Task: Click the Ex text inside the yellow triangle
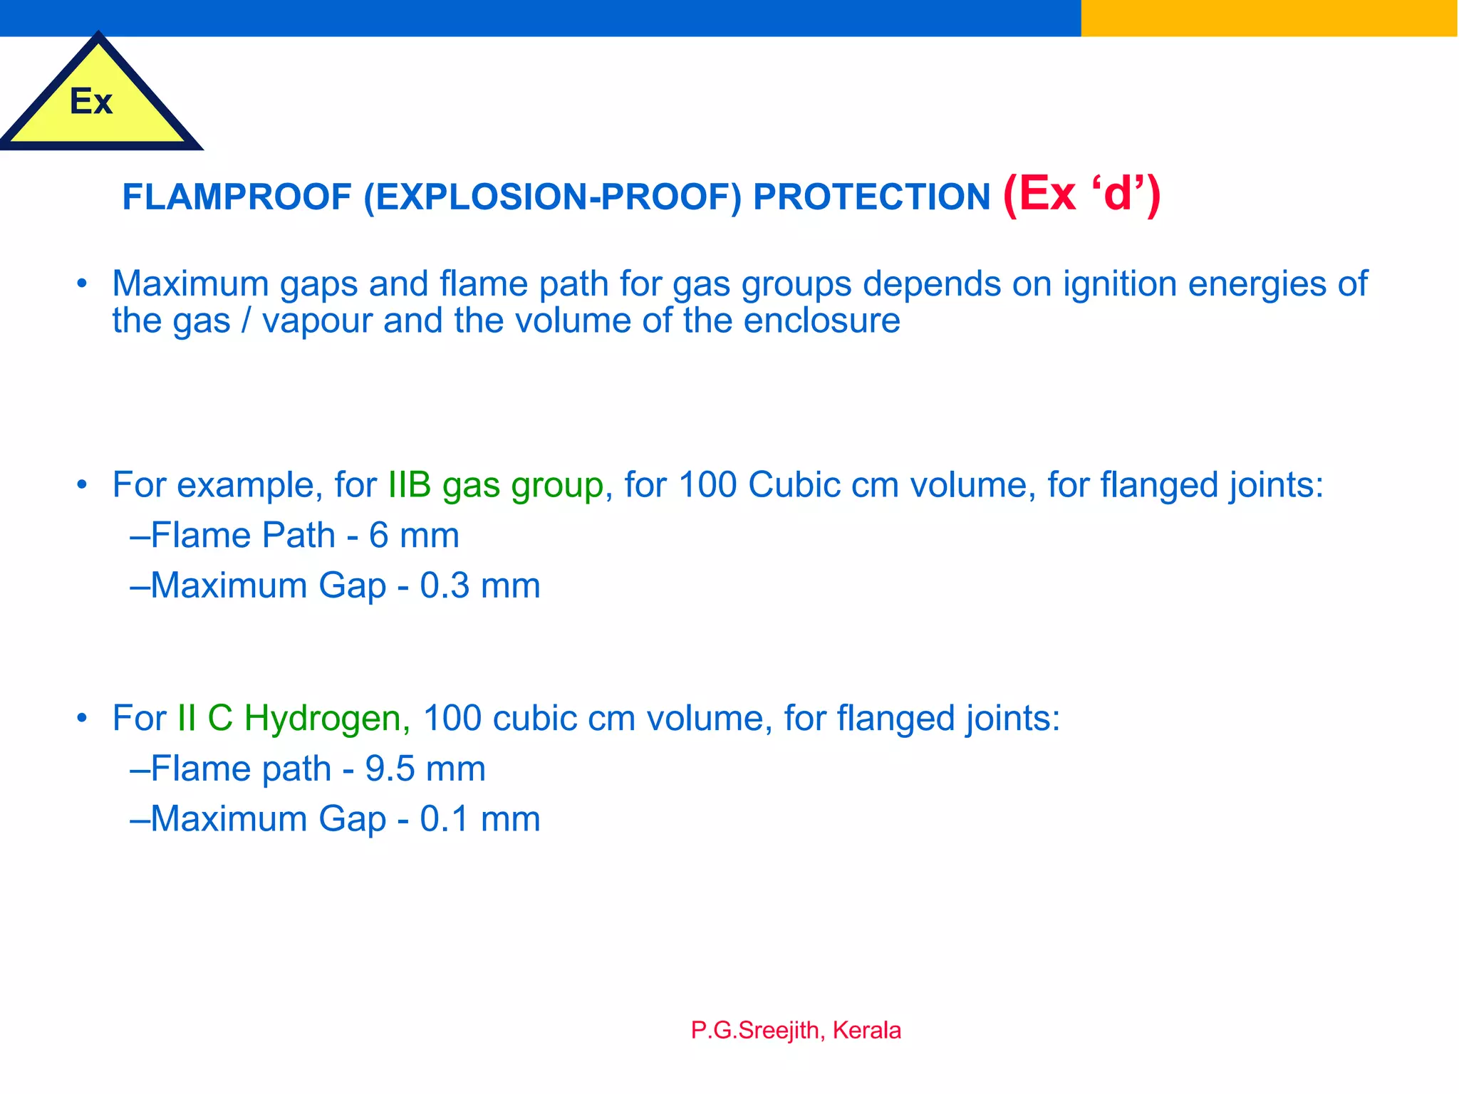(x=91, y=101)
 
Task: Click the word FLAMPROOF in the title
(x=237, y=197)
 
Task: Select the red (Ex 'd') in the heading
(x=1081, y=194)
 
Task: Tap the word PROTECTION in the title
(x=871, y=197)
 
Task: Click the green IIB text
(x=410, y=485)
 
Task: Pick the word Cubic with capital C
(x=794, y=485)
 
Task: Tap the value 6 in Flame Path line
(x=378, y=536)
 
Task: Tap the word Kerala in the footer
(x=867, y=1031)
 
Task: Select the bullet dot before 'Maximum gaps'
(x=82, y=284)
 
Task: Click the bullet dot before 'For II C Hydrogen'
(x=82, y=718)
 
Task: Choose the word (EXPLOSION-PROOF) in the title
(x=552, y=197)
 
